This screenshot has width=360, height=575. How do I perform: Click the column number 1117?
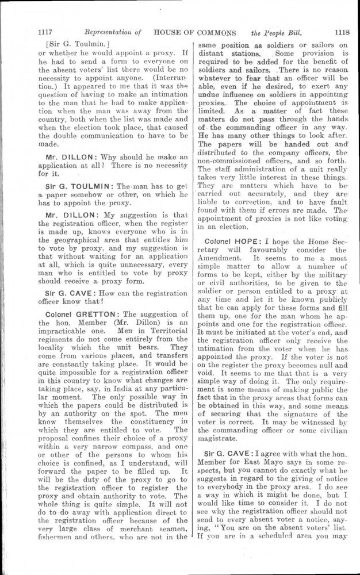pos(46,33)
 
